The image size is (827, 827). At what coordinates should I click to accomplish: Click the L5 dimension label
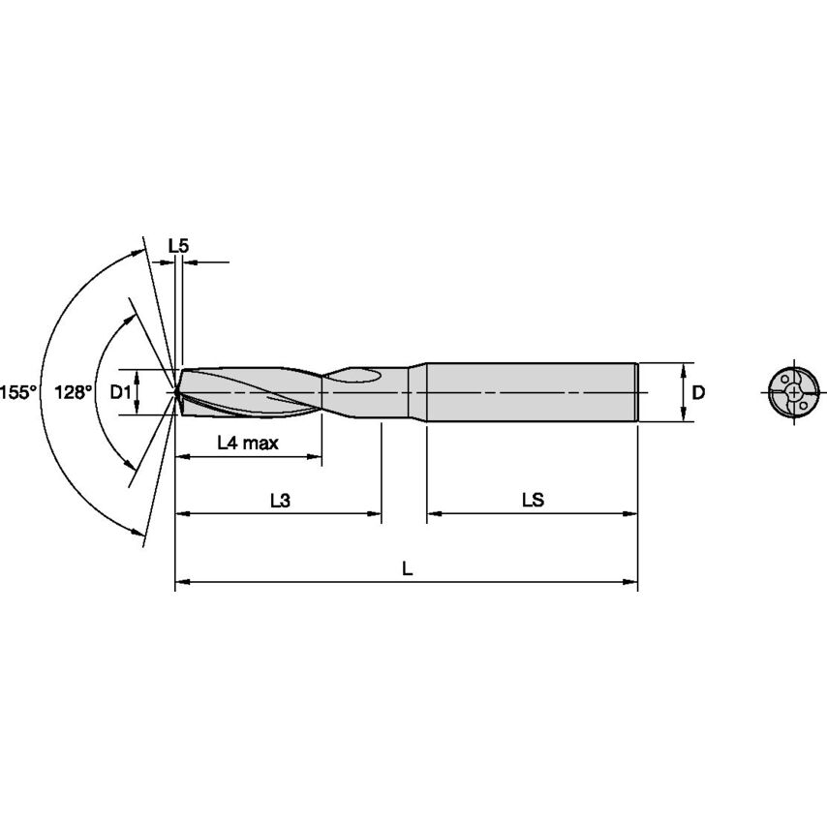point(178,246)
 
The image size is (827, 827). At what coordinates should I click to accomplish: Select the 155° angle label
point(19,392)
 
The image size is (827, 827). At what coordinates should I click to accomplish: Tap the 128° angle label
point(74,392)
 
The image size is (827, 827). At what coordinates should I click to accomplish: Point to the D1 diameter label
point(119,392)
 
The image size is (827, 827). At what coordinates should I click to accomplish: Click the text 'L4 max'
point(248,444)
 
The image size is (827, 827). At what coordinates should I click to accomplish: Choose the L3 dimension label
point(279,501)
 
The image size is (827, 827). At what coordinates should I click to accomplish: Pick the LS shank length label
point(533,501)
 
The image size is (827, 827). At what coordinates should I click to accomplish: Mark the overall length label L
point(408,570)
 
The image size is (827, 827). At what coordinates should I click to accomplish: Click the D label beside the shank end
point(698,392)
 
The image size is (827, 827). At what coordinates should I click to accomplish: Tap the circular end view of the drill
point(793,392)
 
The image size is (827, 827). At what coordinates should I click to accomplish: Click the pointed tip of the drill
point(176,392)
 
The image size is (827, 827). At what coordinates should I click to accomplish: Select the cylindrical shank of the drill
point(531,392)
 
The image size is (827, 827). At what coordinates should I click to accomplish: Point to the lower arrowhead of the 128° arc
point(131,472)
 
